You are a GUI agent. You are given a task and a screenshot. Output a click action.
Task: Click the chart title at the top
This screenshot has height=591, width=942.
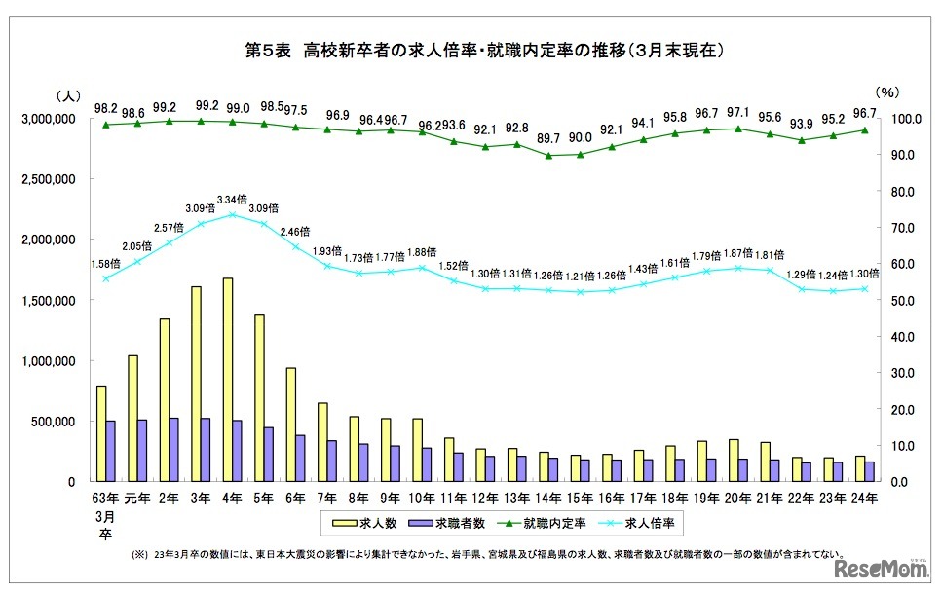point(471,49)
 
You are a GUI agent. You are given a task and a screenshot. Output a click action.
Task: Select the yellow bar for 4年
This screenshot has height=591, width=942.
point(227,380)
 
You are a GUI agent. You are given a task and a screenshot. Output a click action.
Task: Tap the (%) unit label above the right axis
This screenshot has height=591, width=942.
point(885,93)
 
